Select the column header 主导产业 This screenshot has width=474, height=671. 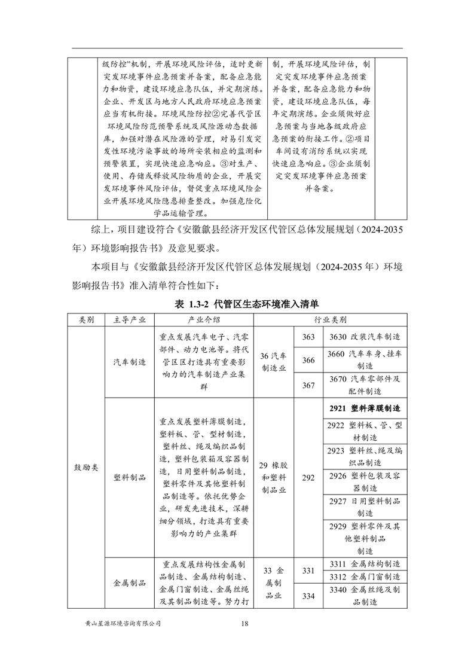(130, 320)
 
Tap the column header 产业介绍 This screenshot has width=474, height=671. (204, 320)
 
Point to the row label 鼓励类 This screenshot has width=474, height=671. (86, 464)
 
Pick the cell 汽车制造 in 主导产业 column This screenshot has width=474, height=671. (130, 362)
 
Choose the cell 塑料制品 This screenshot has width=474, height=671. (130, 478)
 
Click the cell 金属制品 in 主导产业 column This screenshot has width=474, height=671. (130, 583)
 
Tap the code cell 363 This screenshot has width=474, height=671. (308, 337)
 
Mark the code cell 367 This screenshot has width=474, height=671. (308, 386)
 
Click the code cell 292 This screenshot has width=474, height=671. (308, 478)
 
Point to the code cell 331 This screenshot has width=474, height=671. (308, 571)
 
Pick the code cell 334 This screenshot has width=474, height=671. (308, 596)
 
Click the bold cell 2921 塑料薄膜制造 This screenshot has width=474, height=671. (365, 408)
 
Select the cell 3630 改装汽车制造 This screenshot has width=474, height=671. (365, 337)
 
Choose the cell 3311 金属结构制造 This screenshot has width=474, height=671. (365, 564)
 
